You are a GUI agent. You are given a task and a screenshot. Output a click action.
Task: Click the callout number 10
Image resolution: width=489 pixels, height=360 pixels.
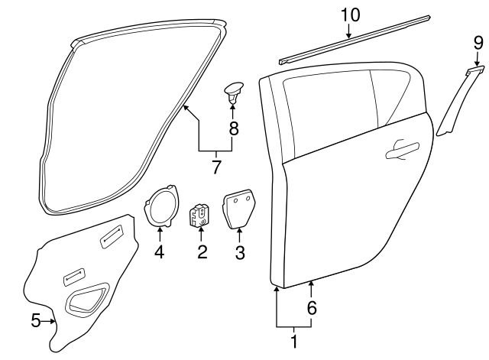pos(349,14)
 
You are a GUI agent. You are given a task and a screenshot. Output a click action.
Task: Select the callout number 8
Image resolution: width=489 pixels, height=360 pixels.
pos(234,128)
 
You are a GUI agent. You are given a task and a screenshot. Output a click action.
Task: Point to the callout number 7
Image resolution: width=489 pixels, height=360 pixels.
pos(216,166)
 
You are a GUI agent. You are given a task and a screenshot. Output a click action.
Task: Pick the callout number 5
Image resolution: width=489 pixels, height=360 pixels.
pos(35,321)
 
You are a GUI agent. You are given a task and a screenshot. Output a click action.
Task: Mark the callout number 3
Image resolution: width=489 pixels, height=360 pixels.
pos(239,251)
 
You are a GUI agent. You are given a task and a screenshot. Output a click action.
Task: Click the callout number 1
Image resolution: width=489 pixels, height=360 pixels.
pos(293,342)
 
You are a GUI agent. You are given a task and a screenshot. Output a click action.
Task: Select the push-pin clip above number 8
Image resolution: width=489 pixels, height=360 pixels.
pos(232,92)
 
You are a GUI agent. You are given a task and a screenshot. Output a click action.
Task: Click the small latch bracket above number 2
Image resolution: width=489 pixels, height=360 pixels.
pos(200,215)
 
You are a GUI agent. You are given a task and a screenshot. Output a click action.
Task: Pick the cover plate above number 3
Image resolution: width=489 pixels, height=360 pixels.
pos(239,209)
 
